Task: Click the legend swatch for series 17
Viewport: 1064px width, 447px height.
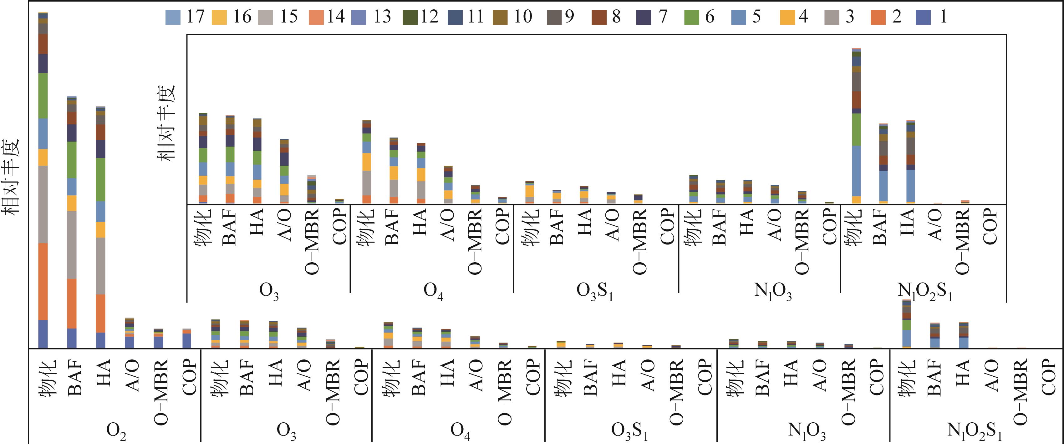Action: [173, 17]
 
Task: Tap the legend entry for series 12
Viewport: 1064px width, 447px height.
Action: [410, 17]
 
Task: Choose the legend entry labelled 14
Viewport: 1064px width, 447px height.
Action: [316, 17]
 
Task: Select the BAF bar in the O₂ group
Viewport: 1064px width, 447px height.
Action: [72, 223]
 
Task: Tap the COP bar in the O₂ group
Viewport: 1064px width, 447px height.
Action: [187, 339]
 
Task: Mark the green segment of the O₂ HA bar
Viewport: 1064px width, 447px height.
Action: [100, 179]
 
